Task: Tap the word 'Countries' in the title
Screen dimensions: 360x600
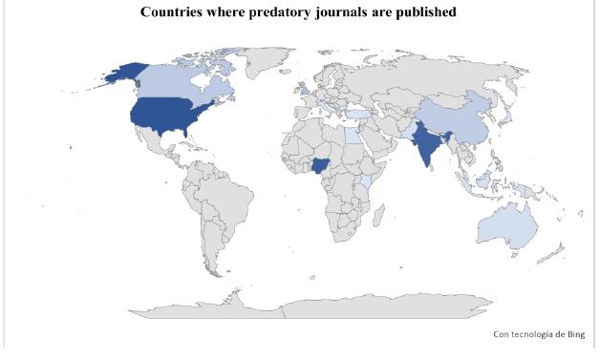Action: [174, 12]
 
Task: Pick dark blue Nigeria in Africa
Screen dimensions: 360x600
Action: [318, 167]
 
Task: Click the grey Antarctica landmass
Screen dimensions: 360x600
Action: [315, 306]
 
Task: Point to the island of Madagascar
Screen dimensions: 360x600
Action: [382, 220]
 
